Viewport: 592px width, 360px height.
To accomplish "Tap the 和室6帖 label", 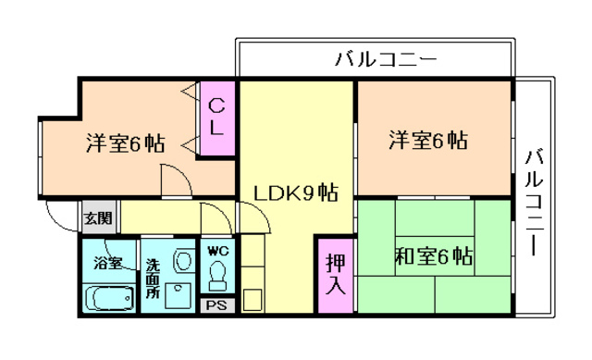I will pos(434,255).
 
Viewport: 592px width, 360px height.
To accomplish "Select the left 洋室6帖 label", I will pos(125,143).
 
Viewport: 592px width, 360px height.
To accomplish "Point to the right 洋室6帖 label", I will pos(426,142).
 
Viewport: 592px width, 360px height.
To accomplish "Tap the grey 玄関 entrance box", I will pos(97,218).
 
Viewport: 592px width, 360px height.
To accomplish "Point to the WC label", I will pos(217,250).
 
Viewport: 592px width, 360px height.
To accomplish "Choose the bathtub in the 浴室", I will pos(107,298).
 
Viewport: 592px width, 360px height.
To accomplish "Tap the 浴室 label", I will pos(107,263).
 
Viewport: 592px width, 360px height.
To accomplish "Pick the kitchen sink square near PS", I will pos(252,301).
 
